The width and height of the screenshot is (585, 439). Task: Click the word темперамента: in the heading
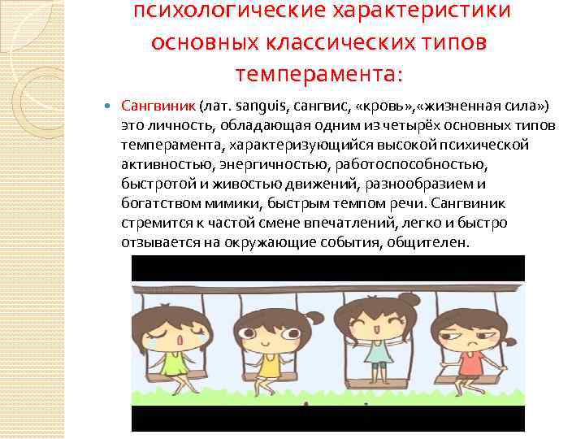(x=318, y=74)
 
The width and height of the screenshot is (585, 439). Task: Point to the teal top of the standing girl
(x=379, y=350)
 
